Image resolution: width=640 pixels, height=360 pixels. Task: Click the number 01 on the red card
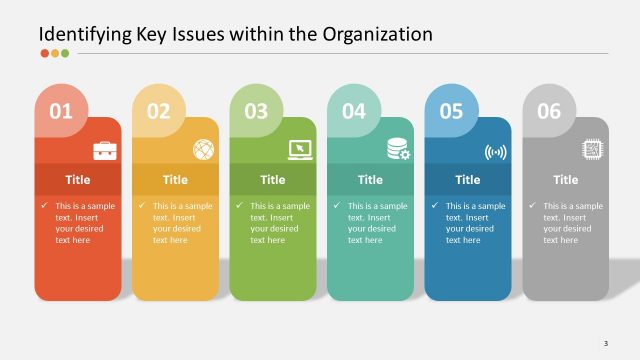61,112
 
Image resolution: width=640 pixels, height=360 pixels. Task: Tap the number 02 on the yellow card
159,112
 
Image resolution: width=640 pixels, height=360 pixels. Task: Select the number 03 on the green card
256,112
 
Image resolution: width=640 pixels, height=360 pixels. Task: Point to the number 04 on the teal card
354,112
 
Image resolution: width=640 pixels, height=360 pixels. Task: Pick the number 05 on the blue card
451,112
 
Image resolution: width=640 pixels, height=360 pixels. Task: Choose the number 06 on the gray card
549,112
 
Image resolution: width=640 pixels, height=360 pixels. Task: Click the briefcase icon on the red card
105,150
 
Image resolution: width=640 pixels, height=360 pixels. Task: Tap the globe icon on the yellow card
203,150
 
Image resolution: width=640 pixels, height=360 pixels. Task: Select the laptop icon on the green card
301,150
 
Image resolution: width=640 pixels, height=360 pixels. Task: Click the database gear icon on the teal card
398,150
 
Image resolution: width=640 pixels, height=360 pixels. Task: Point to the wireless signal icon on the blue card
496,152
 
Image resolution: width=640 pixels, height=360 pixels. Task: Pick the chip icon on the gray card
593,150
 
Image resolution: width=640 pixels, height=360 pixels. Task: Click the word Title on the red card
78,180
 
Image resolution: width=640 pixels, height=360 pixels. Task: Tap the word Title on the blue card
468,180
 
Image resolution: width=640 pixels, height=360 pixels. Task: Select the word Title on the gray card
566,180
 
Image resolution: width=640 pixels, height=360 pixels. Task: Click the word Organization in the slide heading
378,34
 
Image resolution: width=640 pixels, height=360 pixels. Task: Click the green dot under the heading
65,53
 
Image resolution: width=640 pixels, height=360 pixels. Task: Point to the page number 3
606,344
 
